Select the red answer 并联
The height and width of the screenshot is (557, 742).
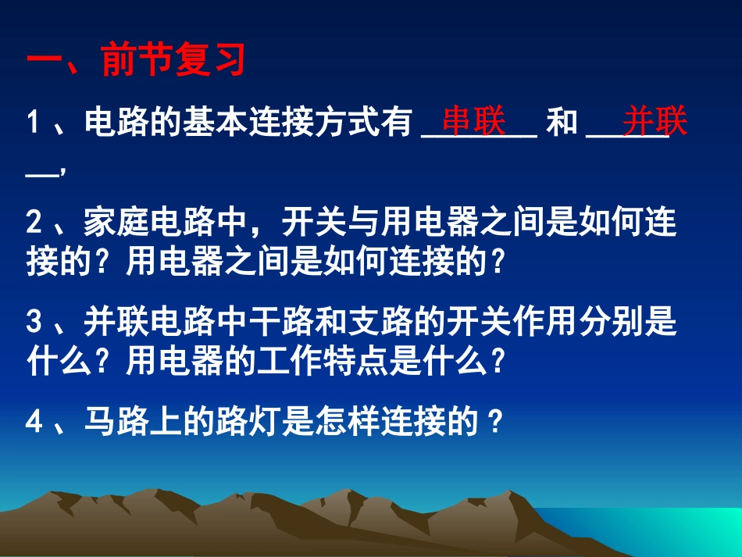[655, 122]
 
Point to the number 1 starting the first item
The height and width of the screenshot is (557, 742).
[34, 123]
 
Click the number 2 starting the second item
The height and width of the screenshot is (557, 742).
[34, 224]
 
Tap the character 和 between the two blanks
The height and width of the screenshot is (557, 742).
[562, 123]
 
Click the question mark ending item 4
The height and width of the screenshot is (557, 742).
[493, 423]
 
